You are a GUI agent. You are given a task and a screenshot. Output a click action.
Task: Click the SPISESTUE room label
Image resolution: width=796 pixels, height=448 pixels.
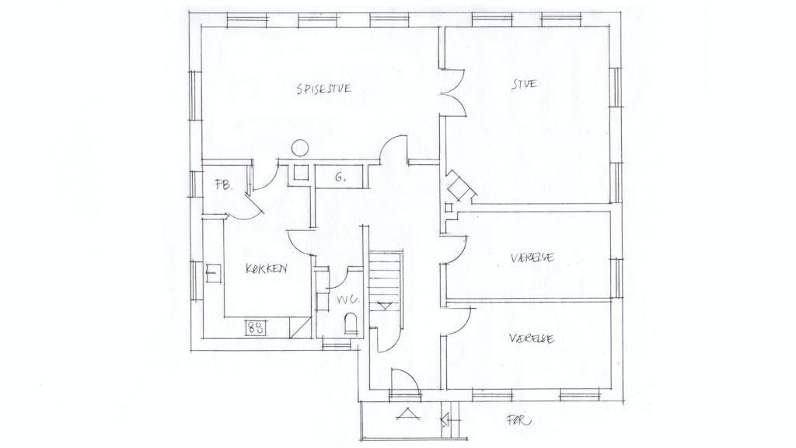(x=323, y=89)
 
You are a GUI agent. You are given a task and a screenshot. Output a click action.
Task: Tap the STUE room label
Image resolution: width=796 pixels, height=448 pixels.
(x=524, y=84)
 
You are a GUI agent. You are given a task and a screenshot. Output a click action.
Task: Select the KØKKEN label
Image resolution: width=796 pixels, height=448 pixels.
(x=266, y=268)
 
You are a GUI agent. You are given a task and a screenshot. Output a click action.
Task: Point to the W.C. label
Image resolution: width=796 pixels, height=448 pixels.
(x=347, y=299)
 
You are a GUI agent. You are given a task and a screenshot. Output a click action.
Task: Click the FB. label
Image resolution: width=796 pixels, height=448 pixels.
(x=223, y=185)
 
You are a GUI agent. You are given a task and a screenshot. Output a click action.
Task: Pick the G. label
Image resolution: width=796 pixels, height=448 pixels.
(x=340, y=177)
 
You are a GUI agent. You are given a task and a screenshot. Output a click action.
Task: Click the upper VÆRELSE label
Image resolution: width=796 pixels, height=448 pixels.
(x=532, y=257)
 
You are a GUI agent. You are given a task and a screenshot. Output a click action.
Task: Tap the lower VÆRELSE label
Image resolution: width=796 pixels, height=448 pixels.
(x=532, y=338)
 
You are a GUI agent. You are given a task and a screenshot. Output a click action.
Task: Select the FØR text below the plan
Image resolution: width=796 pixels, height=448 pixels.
(x=518, y=420)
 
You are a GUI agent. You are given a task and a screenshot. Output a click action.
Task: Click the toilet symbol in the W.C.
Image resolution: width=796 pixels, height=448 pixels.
(x=351, y=324)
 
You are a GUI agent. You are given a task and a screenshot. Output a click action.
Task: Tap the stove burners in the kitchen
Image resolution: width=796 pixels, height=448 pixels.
(x=256, y=327)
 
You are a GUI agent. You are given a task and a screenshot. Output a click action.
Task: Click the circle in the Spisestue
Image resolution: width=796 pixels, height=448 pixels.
(x=300, y=148)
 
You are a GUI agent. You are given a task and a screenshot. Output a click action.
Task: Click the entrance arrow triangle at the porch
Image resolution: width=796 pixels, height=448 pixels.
(x=408, y=414)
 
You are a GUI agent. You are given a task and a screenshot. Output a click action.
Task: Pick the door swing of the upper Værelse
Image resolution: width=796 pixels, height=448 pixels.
(x=454, y=250)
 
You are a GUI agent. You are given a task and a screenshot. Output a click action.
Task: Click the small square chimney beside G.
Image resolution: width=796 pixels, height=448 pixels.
(x=300, y=173)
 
